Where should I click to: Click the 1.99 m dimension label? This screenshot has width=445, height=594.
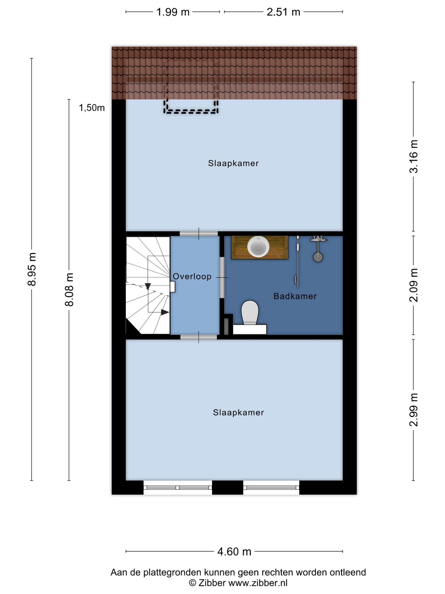point(172,12)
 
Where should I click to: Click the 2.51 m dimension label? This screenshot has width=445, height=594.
point(283,12)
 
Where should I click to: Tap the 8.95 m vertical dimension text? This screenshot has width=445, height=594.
point(32,269)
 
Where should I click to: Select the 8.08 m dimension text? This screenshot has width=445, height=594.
point(69,290)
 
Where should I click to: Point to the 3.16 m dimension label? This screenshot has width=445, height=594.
point(413,156)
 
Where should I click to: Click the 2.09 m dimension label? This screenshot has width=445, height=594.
point(413,285)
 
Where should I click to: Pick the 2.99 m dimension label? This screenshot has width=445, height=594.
point(413,410)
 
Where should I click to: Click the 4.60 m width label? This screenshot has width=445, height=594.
point(234,552)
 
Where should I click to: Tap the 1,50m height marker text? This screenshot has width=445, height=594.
point(92,108)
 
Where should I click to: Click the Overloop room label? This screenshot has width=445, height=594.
point(192,277)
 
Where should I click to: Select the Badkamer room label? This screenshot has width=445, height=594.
point(295,296)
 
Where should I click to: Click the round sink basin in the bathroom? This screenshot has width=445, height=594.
point(258,247)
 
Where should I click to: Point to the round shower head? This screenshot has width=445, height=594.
point(318,257)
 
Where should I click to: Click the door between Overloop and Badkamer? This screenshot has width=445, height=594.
point(222,278)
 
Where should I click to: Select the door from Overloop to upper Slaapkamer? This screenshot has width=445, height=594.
point(199,234)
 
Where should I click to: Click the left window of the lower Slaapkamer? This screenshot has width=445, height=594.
point(178,488)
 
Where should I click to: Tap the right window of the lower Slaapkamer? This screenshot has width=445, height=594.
point(271,488)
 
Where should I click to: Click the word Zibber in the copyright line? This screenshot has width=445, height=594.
point(212,583)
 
